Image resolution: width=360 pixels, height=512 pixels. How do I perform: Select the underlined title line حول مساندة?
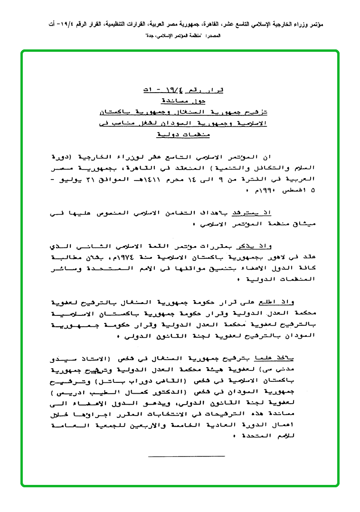pyautogui.click(x=180, y=101)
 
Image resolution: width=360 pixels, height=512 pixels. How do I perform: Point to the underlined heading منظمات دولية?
pyautogui.click(x=180, y=135)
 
